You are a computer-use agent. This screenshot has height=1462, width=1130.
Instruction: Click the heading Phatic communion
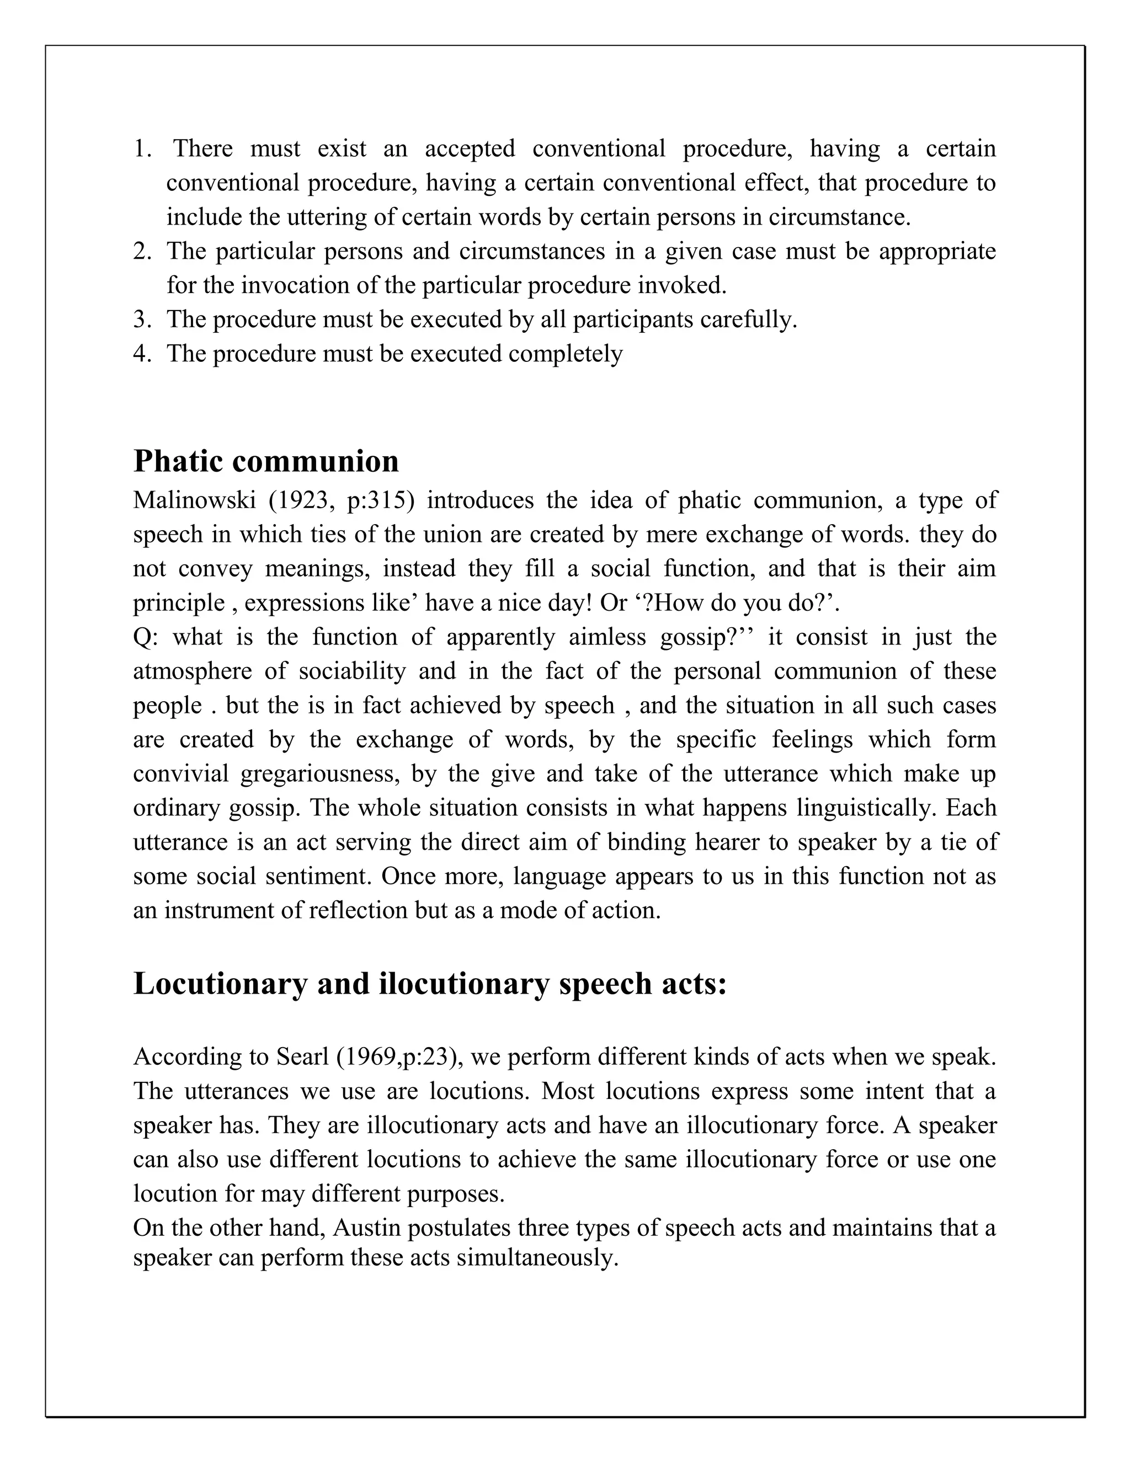pyautogui.click(x=266, y=461)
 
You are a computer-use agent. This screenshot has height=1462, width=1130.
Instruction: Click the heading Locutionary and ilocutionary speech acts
pyautogui.click(x=429, y=983)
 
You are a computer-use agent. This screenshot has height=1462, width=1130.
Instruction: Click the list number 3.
pyautogui.click(x=142, y=319)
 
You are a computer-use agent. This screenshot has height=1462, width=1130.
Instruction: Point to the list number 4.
pyautogui.click(x=142, y=354)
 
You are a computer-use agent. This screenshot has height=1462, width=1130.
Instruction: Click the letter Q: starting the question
pyautogui.click(x=144, y=637)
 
